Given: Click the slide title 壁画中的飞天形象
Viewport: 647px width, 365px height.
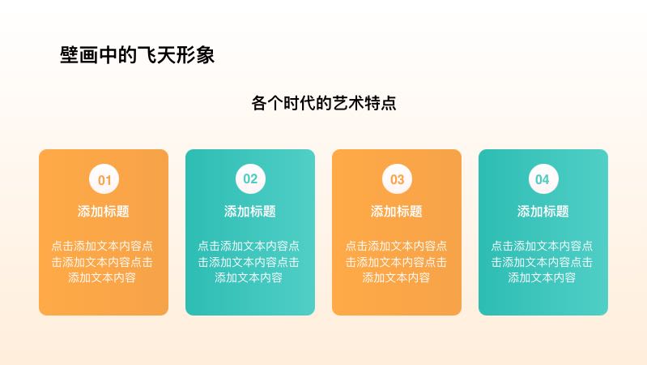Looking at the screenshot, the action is pos(137,54).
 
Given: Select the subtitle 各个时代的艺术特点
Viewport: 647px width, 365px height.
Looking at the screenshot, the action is pos(324,103).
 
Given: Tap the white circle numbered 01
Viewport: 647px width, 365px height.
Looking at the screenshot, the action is pos(104,179).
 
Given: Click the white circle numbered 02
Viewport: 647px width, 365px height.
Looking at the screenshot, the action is pos(250,179).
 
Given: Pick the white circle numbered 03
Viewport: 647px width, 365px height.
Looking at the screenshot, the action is pos(397,179).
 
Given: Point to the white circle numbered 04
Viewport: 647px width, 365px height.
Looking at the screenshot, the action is pos(543,179).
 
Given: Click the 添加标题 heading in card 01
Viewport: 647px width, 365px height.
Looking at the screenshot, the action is pos(103,211).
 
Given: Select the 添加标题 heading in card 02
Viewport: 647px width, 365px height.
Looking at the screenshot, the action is pos(249,211).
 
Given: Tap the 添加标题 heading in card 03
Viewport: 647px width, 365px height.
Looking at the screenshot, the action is pos(396,211).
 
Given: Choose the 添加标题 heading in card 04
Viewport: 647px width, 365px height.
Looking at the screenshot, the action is pos(543,211).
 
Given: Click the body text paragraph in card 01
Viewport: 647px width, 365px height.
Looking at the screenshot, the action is pos(102,262).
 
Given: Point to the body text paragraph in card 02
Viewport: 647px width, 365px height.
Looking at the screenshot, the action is pos(249,262).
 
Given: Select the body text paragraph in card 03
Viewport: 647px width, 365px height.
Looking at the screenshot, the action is pos(396,262).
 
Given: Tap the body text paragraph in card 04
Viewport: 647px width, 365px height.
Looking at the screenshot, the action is pos(542,262).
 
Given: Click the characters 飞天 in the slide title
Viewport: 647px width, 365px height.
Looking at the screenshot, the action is pos(156,54).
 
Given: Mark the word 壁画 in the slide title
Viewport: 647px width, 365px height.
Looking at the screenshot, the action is pos(79,54).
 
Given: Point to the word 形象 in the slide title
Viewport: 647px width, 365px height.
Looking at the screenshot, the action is pos(195,54).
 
